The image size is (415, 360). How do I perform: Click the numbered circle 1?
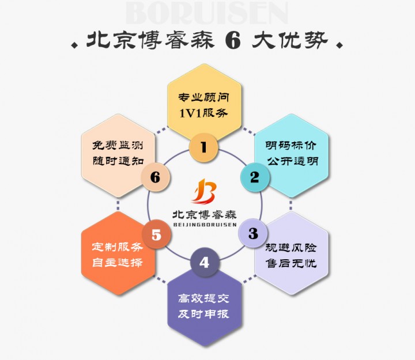coord(203,147)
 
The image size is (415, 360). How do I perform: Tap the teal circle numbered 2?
coord(255,177)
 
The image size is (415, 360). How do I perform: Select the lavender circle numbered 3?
coord(253,233)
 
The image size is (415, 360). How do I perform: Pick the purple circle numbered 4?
coord(205,262)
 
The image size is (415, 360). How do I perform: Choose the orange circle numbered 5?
coord(156,234)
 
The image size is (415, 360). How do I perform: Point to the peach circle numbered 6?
coord(156,177)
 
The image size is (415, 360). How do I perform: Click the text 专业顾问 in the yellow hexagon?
coord(203,97)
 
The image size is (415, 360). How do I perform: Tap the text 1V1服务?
coord(203,113)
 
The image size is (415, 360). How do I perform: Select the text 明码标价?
coord(291,145)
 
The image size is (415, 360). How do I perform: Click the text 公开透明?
coord(292,161)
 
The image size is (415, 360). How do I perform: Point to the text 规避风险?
coord(291,248)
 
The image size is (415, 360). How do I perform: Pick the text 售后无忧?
coord(291,263)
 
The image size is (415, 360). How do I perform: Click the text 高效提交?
coord(203,298)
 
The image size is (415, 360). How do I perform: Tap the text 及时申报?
coord(203,314)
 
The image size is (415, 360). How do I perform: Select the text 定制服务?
coord(118,247)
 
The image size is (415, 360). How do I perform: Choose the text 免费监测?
coord(118,145)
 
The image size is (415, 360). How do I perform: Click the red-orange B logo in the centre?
coord(204,191)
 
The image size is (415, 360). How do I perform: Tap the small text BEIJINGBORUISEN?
coord(205,225)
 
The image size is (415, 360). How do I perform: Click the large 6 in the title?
coord(233,41)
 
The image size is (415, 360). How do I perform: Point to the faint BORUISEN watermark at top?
coord(207,13)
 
